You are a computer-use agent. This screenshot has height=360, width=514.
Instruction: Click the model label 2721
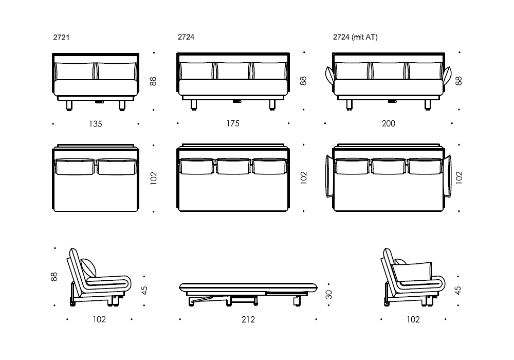(61, 38)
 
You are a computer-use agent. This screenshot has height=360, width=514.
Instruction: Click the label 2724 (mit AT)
(355, 37)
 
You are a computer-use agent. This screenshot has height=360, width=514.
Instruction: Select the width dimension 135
(96, 124)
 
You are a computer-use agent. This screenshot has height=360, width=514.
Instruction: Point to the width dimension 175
(233, 123)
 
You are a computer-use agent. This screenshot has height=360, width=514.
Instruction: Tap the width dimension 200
(389, 123)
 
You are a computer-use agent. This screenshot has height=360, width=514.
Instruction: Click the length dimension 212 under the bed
(248, 319)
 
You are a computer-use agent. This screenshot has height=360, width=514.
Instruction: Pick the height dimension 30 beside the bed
(329, 294)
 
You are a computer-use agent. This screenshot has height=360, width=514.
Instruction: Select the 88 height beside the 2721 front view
(153, 81)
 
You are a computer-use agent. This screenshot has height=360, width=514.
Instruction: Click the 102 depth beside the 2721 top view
(153, 178)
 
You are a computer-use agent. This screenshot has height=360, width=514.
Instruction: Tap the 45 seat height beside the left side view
(144, 291)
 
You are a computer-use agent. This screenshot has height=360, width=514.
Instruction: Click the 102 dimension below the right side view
(413, 319)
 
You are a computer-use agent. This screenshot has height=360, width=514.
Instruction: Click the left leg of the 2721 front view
(69, 105)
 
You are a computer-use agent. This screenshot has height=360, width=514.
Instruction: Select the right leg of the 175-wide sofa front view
(272, 105)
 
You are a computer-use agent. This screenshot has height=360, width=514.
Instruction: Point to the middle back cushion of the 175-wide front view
(233, 70)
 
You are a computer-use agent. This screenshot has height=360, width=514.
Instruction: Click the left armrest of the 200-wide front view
(330, 75)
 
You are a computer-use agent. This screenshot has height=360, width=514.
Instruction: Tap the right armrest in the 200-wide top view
(448, 176)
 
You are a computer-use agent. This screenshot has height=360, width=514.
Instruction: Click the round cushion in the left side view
(89, 268)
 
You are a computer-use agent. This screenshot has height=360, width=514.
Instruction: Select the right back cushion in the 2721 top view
(117, 167)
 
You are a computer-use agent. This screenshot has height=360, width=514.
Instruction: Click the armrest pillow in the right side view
(412, 272)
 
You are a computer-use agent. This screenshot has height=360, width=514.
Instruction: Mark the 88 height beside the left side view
(54, 277)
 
